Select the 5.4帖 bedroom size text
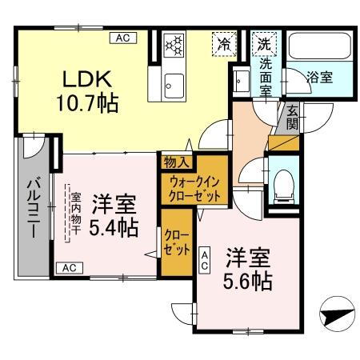(113, 227)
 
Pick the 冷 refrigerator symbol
(225, 45)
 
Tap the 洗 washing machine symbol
(263, 45)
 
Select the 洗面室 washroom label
(265, 77)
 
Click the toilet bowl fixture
(281, 186)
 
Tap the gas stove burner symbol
(174, 46)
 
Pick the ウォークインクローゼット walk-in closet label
(194, 186)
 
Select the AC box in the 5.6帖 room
(205, 258)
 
